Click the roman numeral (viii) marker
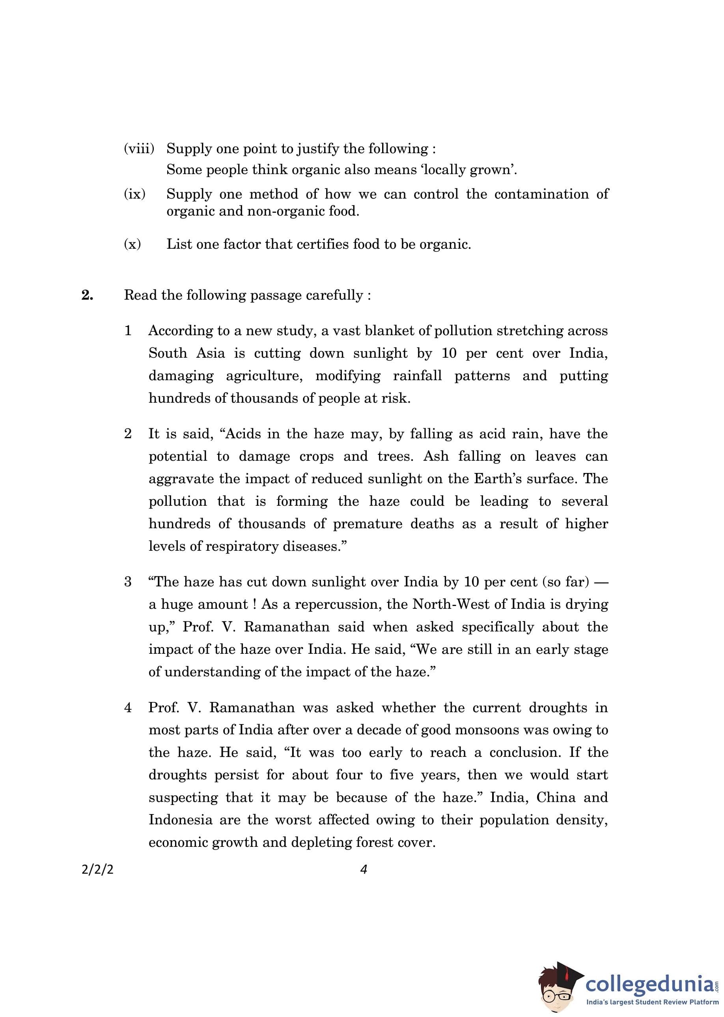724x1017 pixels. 139,148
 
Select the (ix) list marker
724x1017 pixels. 134,194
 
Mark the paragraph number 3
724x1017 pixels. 128,582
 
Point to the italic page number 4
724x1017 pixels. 363,869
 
